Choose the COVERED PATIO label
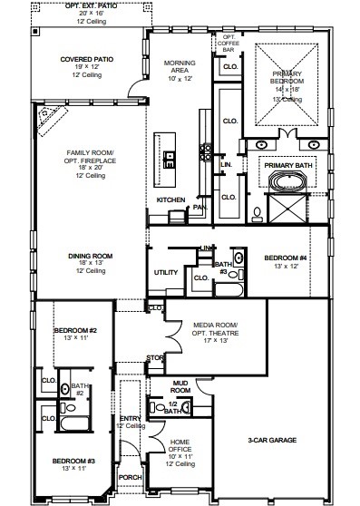click(85, 61)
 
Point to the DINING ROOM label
click(89, 257)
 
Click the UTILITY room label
click(166, 271)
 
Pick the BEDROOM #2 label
click(68, 330)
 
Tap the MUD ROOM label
click(182, 387)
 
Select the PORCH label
click(131, 476)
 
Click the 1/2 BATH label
click(173, 407)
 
